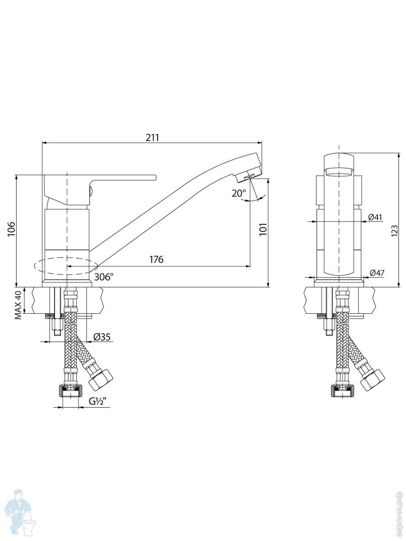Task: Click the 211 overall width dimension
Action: coord(152,138)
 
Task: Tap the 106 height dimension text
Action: coord(11,229)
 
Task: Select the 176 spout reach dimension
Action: coord(156,259)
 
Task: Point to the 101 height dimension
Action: coord(263,229)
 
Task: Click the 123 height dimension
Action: coord(395,231)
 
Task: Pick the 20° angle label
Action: coord(239,193)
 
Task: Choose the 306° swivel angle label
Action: coord(104,277)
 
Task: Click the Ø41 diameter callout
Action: coord(375,217)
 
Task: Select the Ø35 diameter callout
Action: coord(102,337)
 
